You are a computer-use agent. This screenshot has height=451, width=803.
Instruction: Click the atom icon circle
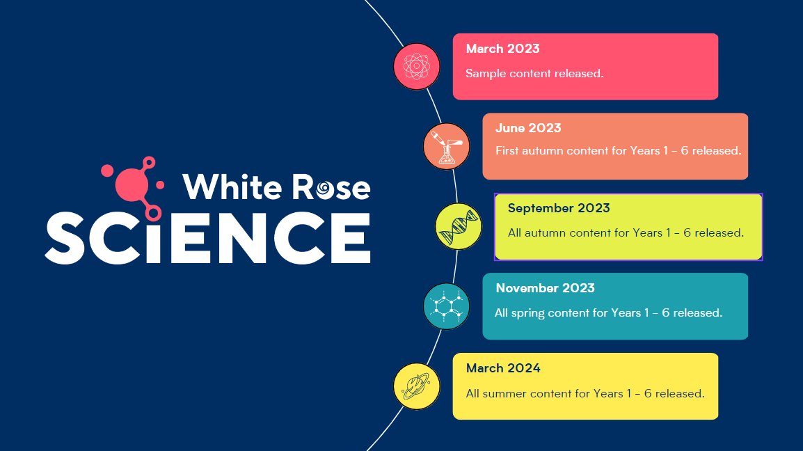[417, 67]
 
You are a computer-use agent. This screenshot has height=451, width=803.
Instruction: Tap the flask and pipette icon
[447, 147]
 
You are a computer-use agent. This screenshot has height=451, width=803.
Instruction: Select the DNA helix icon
[459, 226]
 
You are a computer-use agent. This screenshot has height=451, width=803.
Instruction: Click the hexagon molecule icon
[447, 306]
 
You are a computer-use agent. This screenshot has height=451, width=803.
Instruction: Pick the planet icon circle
[417, 386]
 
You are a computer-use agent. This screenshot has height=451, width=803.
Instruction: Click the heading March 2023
[502, 49]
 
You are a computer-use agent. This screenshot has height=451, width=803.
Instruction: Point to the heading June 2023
[528, 128]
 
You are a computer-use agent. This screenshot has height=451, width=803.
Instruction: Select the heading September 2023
[558, 208]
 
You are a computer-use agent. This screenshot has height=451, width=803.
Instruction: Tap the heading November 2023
[545, 288]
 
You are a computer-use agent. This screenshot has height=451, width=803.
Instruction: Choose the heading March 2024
[502, 368]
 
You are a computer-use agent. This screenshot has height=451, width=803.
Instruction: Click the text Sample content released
[534, 73]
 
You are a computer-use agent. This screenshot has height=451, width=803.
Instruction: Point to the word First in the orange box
[507, 150]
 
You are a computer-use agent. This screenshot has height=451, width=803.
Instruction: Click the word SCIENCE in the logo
[208, 235]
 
